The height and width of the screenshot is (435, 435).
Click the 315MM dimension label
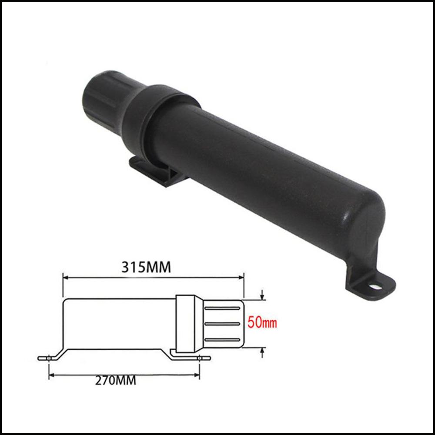point(146,268)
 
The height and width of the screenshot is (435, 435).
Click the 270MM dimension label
point(116,380)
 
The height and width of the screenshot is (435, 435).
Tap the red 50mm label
point(262,323)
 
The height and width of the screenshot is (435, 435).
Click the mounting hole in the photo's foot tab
point(375,286)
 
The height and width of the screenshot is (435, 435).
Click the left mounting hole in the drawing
point(49,358)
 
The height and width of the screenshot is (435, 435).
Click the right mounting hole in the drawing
point(200,358)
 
